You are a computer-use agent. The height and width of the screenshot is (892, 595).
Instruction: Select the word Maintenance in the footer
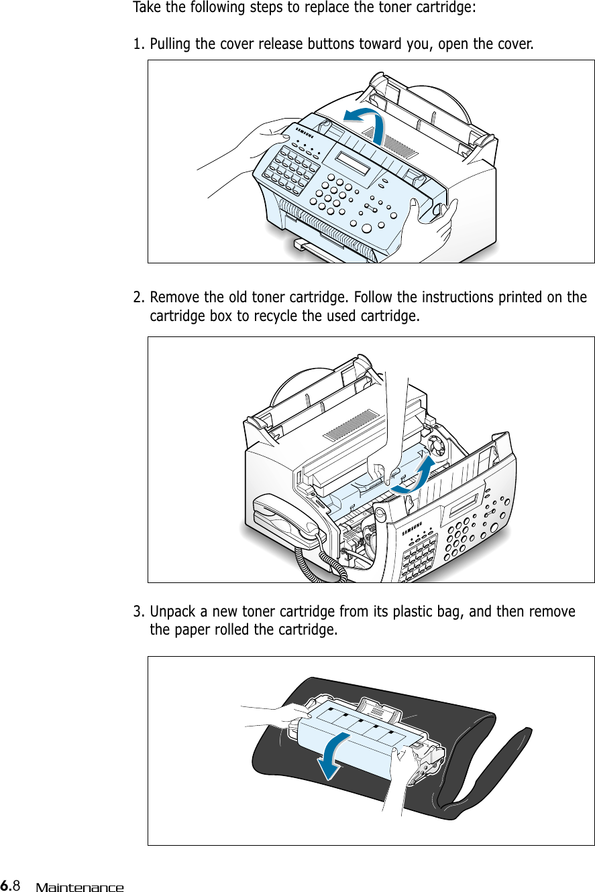(x=80, y=887)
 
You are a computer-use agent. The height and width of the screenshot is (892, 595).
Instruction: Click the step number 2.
(x=138, y=297)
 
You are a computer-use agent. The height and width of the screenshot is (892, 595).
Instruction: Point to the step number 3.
(x=138, y=612)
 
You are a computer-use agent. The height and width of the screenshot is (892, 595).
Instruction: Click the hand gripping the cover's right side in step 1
(x=436, y=222)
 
